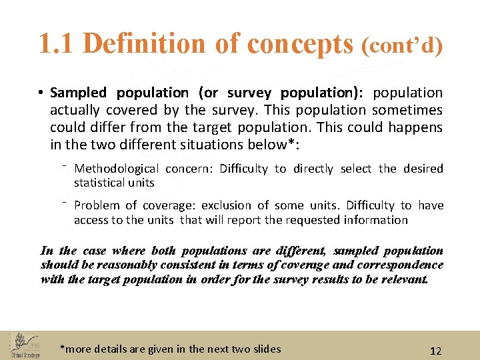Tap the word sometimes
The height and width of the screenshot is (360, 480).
(407, 110)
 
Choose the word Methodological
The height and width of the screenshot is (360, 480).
(117, 169)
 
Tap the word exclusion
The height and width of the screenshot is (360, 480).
(227, 205)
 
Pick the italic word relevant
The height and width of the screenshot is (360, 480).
(402, 279)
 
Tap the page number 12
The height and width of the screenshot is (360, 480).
(436, 351)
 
